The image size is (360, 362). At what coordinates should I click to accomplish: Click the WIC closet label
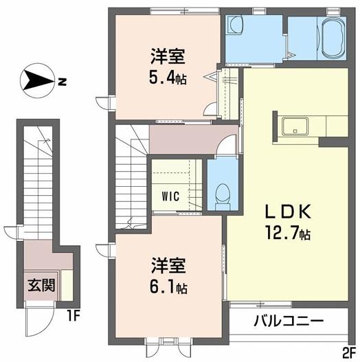point(170,196)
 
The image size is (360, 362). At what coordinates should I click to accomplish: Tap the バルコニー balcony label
point(288,320)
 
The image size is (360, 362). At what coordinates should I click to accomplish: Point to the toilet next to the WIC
point(221,192)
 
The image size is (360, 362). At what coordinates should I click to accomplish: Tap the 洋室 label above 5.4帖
point(167,55)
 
